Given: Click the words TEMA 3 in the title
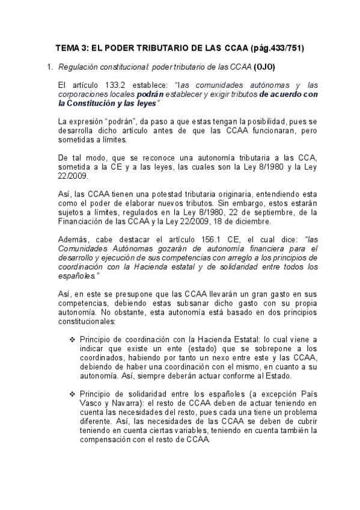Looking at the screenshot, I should (x=72, y=48).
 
